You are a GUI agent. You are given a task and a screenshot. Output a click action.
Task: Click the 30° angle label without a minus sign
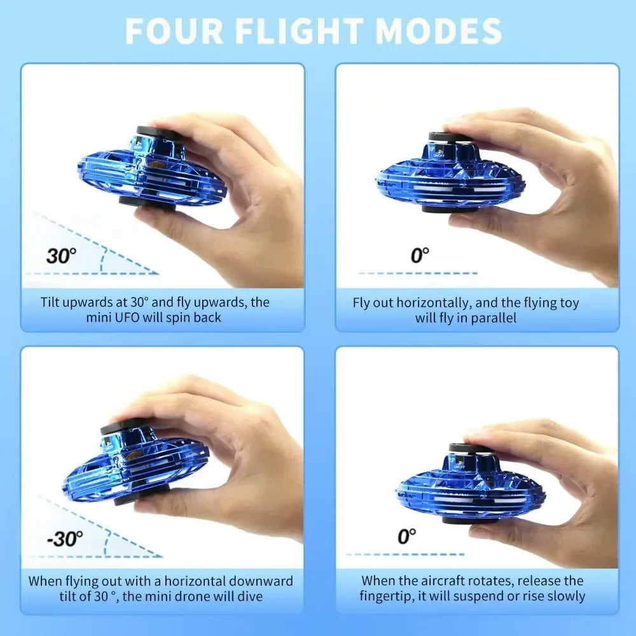pos(61,256)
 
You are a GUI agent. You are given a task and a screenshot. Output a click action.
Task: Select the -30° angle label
pos(65,539)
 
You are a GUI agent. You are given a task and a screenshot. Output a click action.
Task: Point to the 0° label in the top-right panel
pos(420,256)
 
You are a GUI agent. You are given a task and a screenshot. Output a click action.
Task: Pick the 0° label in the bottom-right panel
pos(407,536)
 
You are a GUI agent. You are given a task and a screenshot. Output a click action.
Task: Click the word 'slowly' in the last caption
pos(565,597)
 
